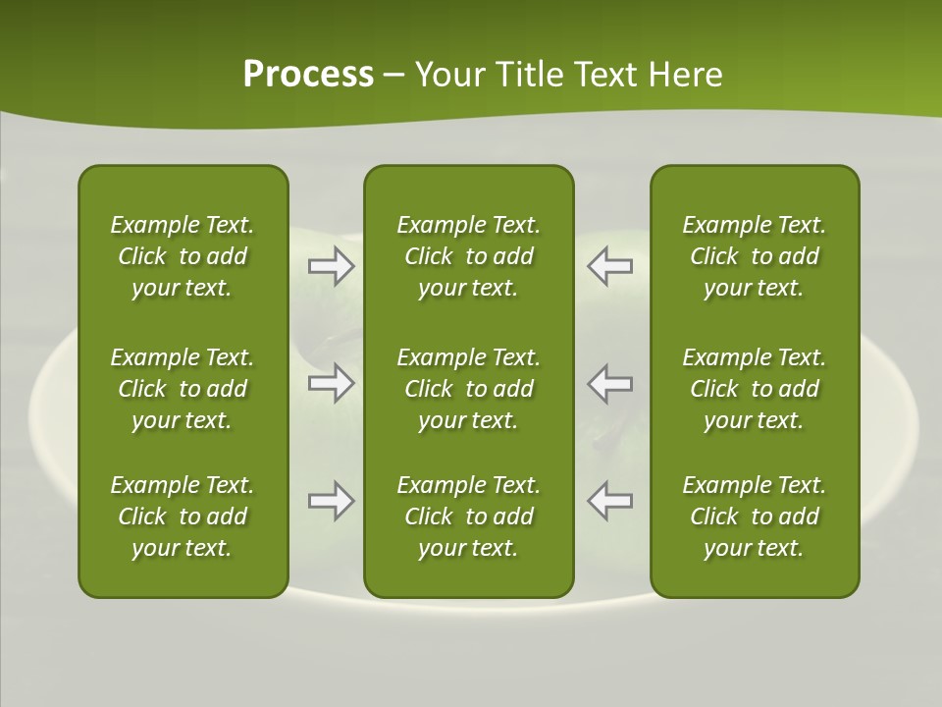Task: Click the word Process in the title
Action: (308, 75)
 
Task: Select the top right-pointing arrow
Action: (331, 266)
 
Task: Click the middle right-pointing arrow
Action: (331, 383)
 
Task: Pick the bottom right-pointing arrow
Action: (331, 501)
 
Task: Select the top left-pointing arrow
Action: (609, 266)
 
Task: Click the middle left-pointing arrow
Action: (609, 383)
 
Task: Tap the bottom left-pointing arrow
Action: (609, 501)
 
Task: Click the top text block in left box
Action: (183, 256)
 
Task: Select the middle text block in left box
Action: (183, 389)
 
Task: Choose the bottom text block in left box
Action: (183, 517)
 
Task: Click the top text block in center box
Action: (469, 256)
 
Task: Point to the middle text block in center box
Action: (469, 389)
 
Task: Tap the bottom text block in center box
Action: (469, 517)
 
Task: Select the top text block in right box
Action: (755, 256)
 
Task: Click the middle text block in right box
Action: (755, 389)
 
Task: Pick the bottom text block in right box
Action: (755, 517)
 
